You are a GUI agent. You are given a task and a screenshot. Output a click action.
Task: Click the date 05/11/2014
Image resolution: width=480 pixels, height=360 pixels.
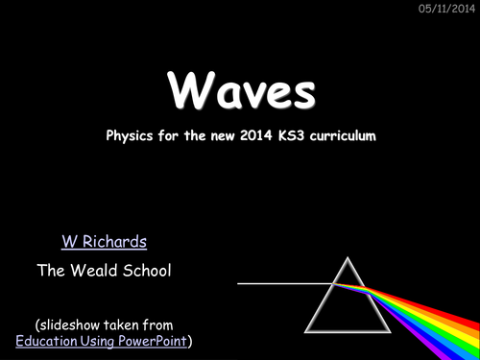point(444,9)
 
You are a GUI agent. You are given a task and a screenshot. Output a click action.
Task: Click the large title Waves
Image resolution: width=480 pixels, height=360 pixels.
point(240,91)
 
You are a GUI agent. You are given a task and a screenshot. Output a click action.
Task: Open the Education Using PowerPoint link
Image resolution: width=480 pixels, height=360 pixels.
point(103,341)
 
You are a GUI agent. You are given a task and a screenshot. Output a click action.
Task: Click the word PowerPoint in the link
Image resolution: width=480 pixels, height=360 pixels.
point(152,341)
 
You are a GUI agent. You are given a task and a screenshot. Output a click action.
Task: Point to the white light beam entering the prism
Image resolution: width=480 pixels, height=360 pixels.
point(278,283)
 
